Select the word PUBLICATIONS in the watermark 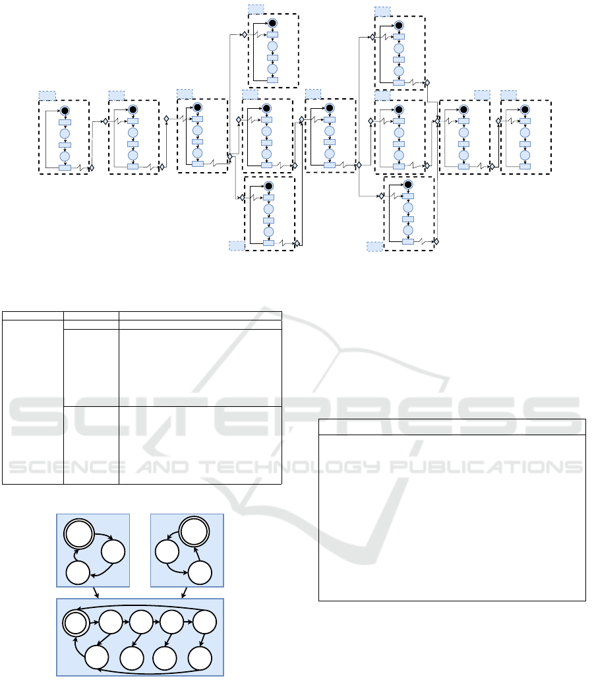pos(487,467)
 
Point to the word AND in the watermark pos(162,467)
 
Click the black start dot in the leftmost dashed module pos(65,111)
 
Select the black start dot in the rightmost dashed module pos(525,109)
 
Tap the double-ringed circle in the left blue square pos(78,533)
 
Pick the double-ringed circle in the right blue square pos(194,531)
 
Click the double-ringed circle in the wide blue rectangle pos(75,622)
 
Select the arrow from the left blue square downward pos(96,593)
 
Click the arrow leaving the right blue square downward pos(185,593)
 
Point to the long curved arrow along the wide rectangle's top pos(142,606)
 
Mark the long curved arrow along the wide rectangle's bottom pos(146,673)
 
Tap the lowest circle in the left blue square pos(78,572)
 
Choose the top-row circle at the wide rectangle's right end pos(204,622)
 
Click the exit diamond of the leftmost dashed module pos(92,168)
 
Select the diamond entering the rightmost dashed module pos(498,121)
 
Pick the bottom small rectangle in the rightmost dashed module pos(525,167)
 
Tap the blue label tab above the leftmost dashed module pos(47,96)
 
